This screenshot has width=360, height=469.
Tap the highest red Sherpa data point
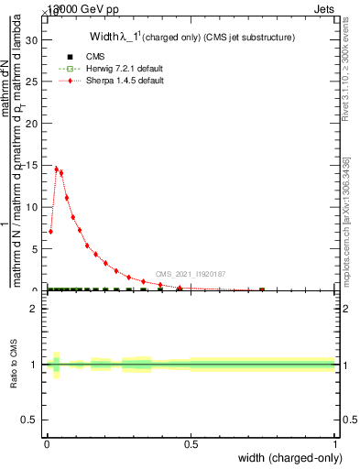click(x=56, y=169)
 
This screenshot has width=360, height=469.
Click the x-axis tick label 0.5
click(x=191, y=444)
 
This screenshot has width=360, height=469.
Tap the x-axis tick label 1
click(x=334, y=444)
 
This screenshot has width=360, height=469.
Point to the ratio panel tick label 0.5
click(x=30, y=420)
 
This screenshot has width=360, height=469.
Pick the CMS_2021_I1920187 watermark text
click(x=190, y=274)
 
